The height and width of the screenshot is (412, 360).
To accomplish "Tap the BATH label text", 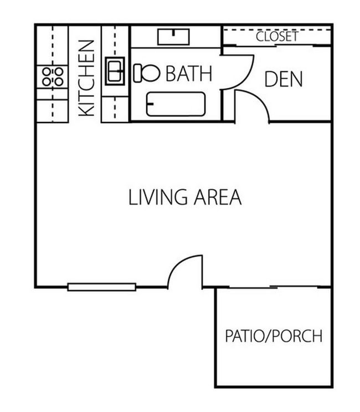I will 189,73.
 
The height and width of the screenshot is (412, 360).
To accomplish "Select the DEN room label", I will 284,79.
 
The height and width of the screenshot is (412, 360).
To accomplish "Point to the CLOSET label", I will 277,37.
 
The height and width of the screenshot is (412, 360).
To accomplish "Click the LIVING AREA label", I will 185,197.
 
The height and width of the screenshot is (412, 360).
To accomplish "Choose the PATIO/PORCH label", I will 274,336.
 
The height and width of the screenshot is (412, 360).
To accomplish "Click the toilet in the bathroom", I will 146,72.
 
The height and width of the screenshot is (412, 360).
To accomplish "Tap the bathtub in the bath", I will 176,104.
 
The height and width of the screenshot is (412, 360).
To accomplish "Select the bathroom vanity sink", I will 174,37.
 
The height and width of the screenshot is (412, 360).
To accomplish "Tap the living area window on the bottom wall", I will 102,287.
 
